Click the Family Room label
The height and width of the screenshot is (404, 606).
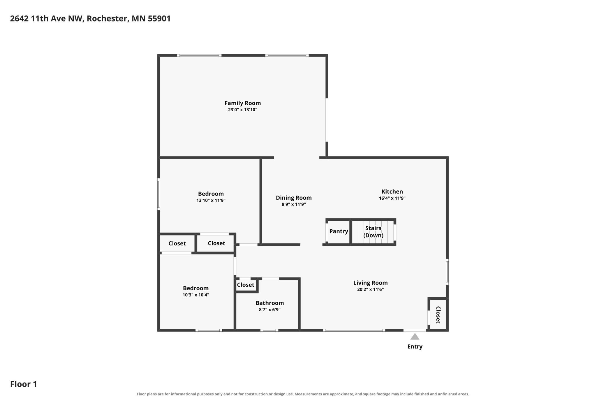point(242,103)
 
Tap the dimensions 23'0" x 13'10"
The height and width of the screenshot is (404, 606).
point(242,110)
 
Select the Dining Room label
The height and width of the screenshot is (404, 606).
point(294,198)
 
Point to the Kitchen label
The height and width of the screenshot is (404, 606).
point(392,192)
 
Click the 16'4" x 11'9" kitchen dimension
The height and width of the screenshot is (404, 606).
point(392,198)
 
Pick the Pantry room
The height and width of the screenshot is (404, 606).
point(339,231)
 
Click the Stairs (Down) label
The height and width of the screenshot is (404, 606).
point(373,231)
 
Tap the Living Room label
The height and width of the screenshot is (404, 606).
point(370,283)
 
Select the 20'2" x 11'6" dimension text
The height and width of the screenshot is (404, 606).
point(370,289)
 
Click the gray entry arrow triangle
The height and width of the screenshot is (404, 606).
point(415,337)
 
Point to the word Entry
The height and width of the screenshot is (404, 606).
point(415,347)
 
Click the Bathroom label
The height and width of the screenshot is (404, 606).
point(269,303)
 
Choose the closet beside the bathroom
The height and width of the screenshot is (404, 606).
point(246,285)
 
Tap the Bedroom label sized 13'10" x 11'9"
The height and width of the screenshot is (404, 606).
point(211,194)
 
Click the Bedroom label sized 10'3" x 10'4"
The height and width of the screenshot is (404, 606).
point(195,288)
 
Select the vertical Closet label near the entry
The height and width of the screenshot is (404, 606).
point(438,315)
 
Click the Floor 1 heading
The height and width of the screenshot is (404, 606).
point(24,384)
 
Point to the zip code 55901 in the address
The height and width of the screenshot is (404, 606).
point(159,18)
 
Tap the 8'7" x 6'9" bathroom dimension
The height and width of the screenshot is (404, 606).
point(269,310)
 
